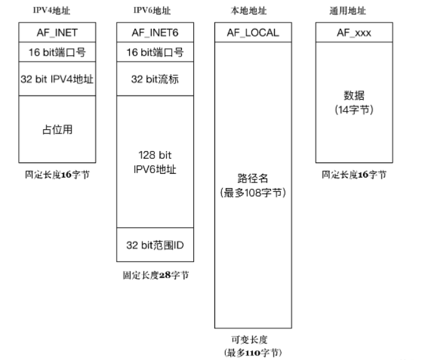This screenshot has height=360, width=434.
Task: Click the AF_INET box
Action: tap(58, 33)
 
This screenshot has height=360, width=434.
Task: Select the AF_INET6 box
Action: tap(155, 33)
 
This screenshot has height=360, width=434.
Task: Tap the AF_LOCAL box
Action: tap(253, 33)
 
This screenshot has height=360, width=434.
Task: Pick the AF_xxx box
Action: tap(354, 33)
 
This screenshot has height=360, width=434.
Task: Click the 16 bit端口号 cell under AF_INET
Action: tap(58, 53)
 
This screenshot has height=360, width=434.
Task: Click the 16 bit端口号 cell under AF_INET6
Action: tap(155, 53)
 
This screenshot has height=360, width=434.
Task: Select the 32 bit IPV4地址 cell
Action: tap(58, 79)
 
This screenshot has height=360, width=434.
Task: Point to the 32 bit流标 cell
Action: tap(155, 79)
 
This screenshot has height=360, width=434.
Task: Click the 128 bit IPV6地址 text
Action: tap(155, 162)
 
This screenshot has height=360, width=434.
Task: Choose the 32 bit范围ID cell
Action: tap(155, 245)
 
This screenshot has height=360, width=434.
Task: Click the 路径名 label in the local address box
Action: tap(253, 179)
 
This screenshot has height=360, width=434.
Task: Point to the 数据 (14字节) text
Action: tap(354, 102)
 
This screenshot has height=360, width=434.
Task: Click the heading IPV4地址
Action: tap(49, 11)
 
